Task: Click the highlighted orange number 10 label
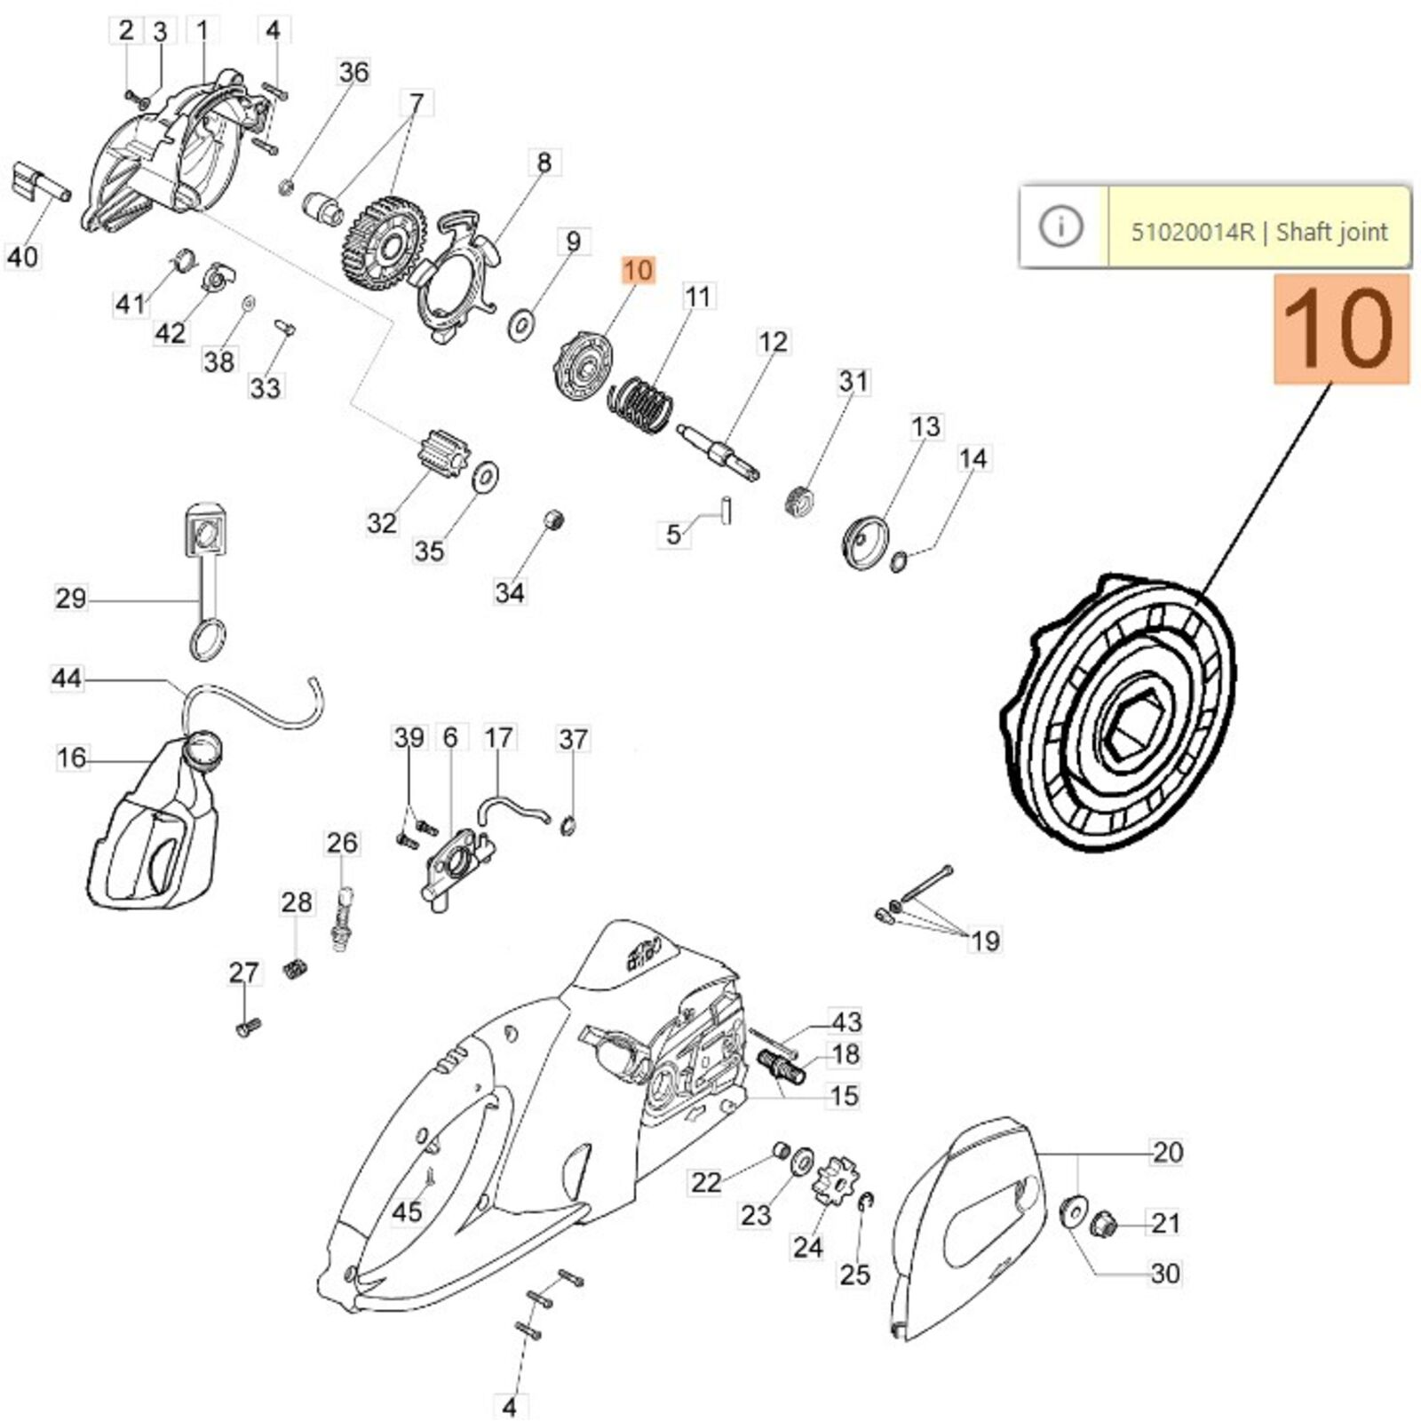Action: coord(638,270)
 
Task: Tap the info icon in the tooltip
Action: coord(1061,227)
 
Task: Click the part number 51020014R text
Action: coord(1193,233)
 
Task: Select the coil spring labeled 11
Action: coord(639,405)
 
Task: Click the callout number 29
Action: coord(71,599)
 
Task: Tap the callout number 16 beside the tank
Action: coord(72,758)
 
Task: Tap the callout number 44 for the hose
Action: coord(67,679)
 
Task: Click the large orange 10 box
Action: coord(1341,329)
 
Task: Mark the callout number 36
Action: coord(353,72)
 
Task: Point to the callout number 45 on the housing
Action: coord(407,1211)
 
